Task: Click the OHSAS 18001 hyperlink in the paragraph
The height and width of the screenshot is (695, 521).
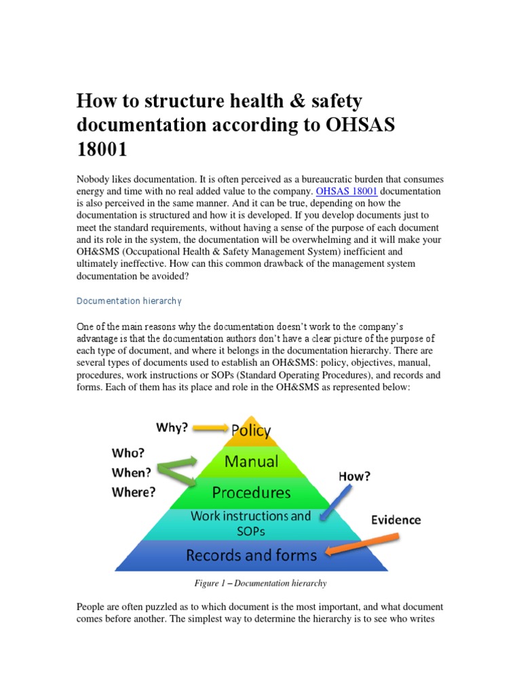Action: coord(347,191)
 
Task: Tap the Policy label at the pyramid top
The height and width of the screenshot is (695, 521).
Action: coord(251,430)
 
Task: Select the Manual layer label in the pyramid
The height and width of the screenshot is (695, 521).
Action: coord(252,462)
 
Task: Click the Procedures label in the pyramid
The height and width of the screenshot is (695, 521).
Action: coord(252,491)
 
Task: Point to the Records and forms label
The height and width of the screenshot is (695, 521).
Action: coord(252,555)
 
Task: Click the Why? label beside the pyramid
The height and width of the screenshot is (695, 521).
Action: coord(173,428)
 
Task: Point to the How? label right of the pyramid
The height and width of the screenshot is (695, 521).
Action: coord(355,476)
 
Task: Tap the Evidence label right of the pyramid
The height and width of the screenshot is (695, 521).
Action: coord(395,521)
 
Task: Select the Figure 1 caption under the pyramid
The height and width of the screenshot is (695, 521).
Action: coord(260,583)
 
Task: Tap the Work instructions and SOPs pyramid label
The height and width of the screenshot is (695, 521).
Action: coord(251,523)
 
